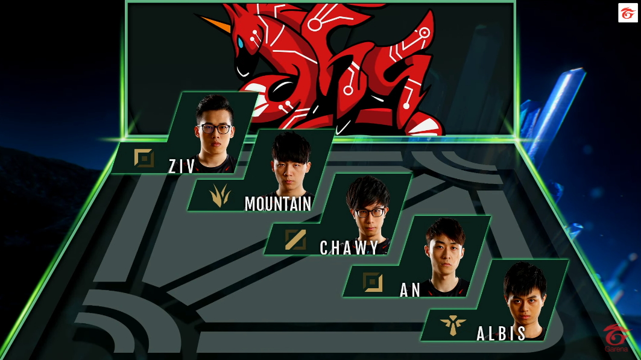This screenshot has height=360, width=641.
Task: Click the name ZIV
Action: (182, 166)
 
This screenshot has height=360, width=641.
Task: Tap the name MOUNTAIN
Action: (278, 204)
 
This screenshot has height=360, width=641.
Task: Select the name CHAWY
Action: (349, 247)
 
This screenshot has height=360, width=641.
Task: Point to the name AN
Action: (410, 290)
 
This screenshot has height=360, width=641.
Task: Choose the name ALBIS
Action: (501, 333)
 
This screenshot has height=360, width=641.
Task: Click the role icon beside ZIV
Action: (144, 159)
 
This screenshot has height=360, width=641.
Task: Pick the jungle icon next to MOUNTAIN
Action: (219, 195)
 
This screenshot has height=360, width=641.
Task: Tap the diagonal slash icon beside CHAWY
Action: (295, 239)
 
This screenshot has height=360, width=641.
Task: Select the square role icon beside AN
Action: (373, 282)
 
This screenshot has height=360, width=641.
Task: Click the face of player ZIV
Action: (215, 130)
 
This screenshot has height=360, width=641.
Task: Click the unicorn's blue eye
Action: (241, 43)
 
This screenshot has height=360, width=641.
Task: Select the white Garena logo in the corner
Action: (628, 13)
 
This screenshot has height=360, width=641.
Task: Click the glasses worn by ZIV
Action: (215, 128)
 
